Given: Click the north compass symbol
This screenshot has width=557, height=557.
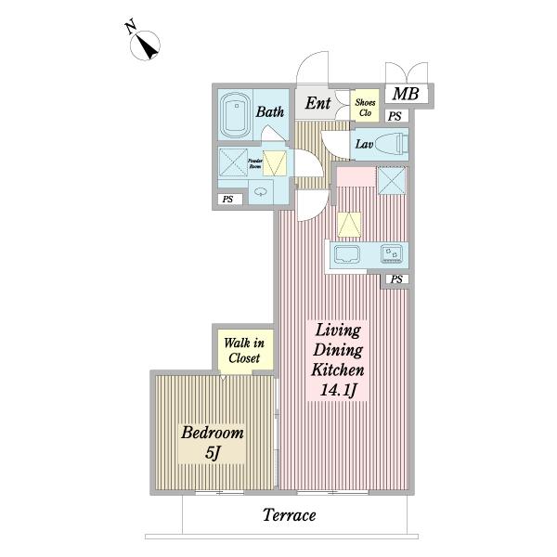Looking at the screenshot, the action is click(143, 43).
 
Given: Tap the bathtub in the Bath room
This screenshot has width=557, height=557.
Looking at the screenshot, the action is click(235, 115).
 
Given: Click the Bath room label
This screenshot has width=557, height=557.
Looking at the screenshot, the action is click(270, 111).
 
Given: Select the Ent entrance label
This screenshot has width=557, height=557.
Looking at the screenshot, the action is click(317, 103).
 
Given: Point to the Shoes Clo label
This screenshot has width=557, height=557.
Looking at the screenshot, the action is click(365, 108).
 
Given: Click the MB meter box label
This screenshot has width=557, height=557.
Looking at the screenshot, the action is click(406, 94).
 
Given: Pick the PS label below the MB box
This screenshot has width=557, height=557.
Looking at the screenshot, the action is click(395, 116).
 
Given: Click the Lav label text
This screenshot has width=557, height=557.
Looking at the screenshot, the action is click(364, 144).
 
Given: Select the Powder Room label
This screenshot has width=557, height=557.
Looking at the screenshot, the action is click(255, 163).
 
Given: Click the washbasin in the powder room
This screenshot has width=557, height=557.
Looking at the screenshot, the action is click(261, 192).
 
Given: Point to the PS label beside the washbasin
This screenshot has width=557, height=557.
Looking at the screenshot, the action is click(227, 200).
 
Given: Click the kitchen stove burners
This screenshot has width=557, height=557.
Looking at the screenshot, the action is click(392, 254).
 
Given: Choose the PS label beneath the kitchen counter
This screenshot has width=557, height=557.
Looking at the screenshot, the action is click(396, 279).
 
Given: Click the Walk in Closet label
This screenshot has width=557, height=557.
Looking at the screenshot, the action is click(244, 351).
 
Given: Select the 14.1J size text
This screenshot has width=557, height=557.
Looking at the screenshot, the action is click(338, 391).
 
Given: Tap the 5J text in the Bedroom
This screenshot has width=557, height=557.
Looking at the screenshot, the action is click(213, 453).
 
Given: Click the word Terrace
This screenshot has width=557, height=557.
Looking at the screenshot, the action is click(289, 515).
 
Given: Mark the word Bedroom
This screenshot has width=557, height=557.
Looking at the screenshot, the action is click(213, 433).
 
